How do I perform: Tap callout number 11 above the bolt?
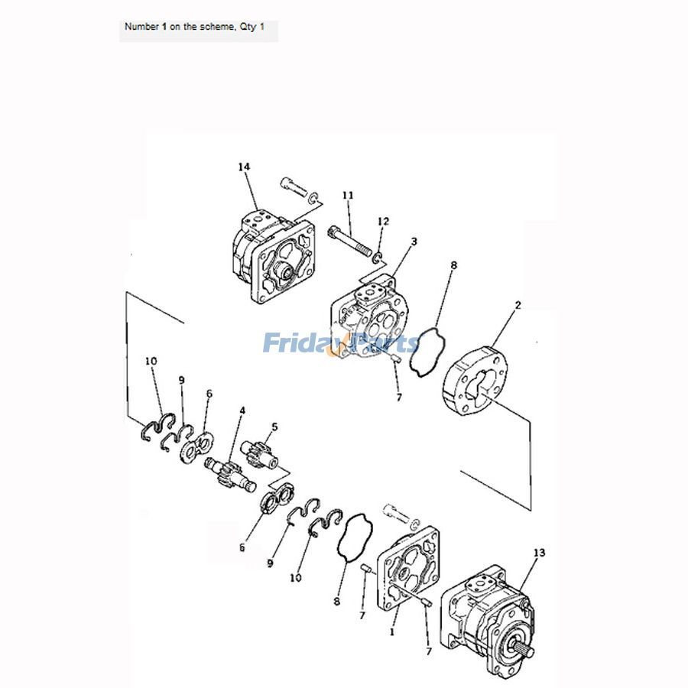(348, 196)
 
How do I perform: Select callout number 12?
(384, 221)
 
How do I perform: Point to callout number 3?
(414, 242)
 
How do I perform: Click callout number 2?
(518, 305)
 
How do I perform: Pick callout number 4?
(242, 411)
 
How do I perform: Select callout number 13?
(540, 552)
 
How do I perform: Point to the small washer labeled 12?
(378, 255)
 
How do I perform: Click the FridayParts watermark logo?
(341, 343)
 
